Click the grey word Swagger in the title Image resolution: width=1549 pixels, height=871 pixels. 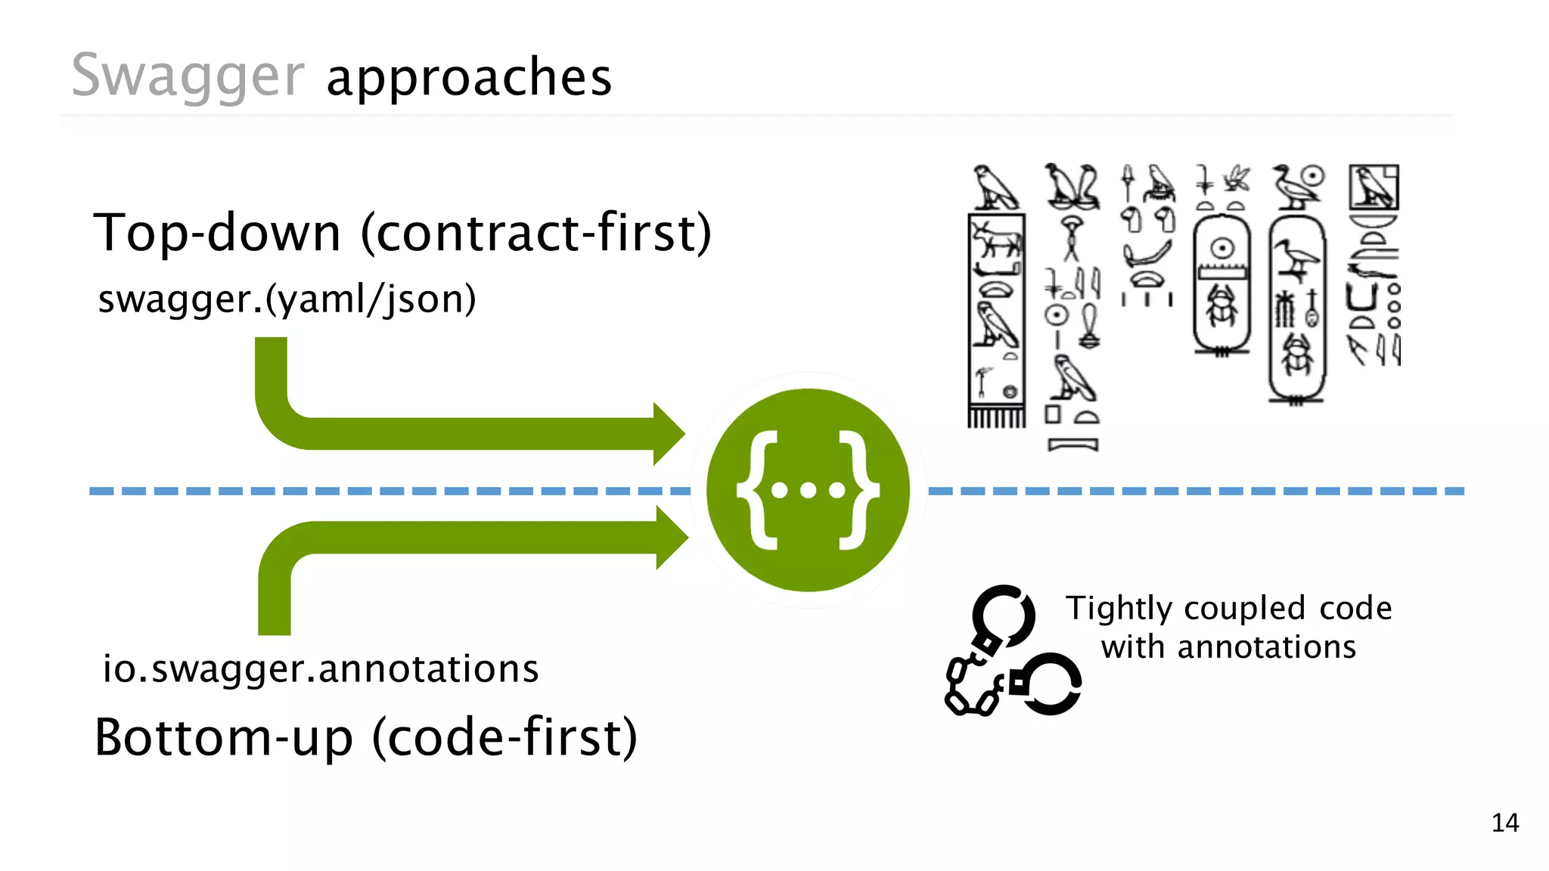pyautogui.click(x=188, y=76)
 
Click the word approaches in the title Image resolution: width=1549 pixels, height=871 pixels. pyautogui.click(x=469, y=77)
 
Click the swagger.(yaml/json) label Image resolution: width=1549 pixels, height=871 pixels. pyautogui.click(x=287, y=299)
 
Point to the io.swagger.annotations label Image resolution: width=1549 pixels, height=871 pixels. pyautogui.click(x=321, y=668)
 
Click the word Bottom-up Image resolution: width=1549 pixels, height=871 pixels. pyautogui.click(x=224, y=737)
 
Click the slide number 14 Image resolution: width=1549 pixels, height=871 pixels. pyautogui.click(x=1505, y=823)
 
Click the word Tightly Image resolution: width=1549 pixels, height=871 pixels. pyautogui.click(x=1118, y=609)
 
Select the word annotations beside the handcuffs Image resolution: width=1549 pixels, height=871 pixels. pyautogui.click(x=1267, y=647)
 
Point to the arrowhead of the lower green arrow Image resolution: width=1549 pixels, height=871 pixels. pyautogui.click(x=672, y=538)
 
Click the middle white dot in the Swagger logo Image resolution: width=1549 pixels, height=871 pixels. pyautogui.click(x=809, y=491)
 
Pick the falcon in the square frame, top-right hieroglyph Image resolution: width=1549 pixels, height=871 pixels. pyautogui.click(x=1374, y=187)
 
